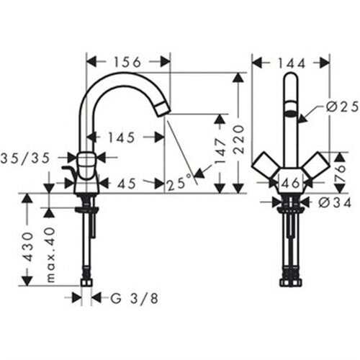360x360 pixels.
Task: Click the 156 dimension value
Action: click(127, 62)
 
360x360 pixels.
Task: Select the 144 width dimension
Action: click(292, 63)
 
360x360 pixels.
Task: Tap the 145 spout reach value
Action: click(122, 138)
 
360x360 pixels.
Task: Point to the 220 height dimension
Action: click(238, 140)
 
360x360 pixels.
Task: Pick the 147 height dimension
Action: click(220, 150)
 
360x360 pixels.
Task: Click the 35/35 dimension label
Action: click(25, 158)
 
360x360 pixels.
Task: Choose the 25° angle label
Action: click(179, 183)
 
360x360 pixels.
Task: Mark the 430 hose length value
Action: click(28, 247)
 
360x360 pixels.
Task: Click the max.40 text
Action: click(50, 255)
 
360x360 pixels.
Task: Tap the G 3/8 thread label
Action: click(135, 299)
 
